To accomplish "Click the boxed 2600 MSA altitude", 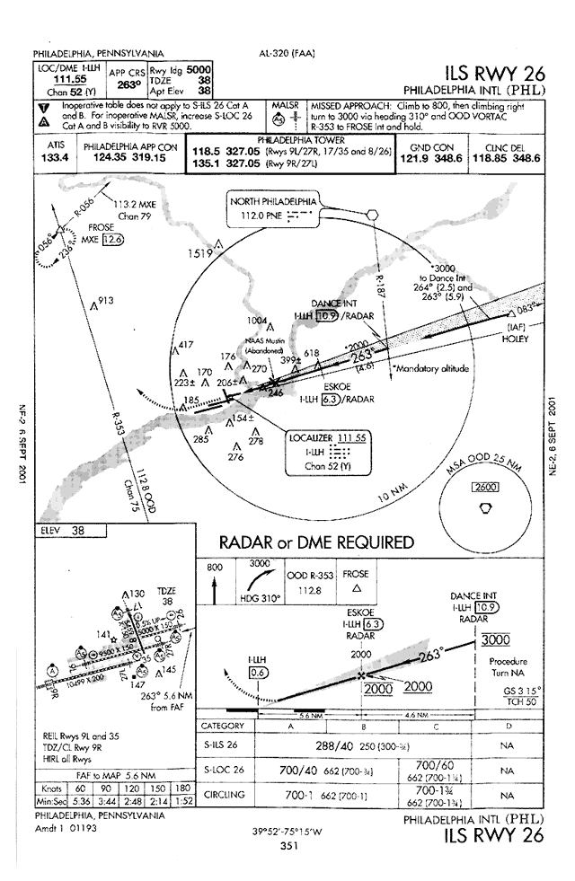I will [x=486, y=488].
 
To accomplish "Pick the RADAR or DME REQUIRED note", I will [x=317, y=542].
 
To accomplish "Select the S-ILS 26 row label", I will [x=226, y=744].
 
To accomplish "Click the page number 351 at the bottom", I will [x=288, y=845].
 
